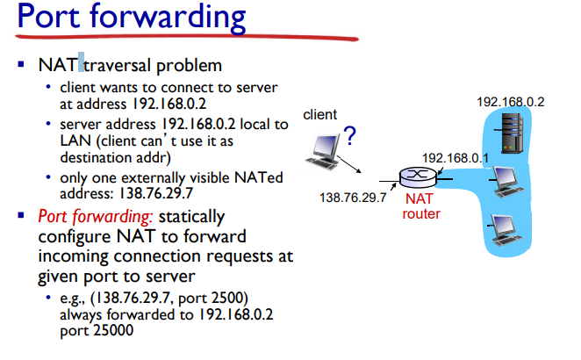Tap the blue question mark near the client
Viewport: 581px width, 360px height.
pyautogui.click(x=349, y=135)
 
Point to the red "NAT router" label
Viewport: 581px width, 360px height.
pyautogui.click(x=420, y=206)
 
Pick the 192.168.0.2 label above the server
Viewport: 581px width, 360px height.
pyautogui.click(x=510, y=102)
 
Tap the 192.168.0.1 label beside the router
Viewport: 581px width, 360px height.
pyautogui.click(x=455, y=157)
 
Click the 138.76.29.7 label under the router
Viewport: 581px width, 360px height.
pyautogui.click(x=354, y=198)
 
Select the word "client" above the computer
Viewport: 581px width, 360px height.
pyautogui.click(x=319, y=115)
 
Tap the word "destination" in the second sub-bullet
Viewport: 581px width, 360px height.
pyautogui.click(x=94, y=158)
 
